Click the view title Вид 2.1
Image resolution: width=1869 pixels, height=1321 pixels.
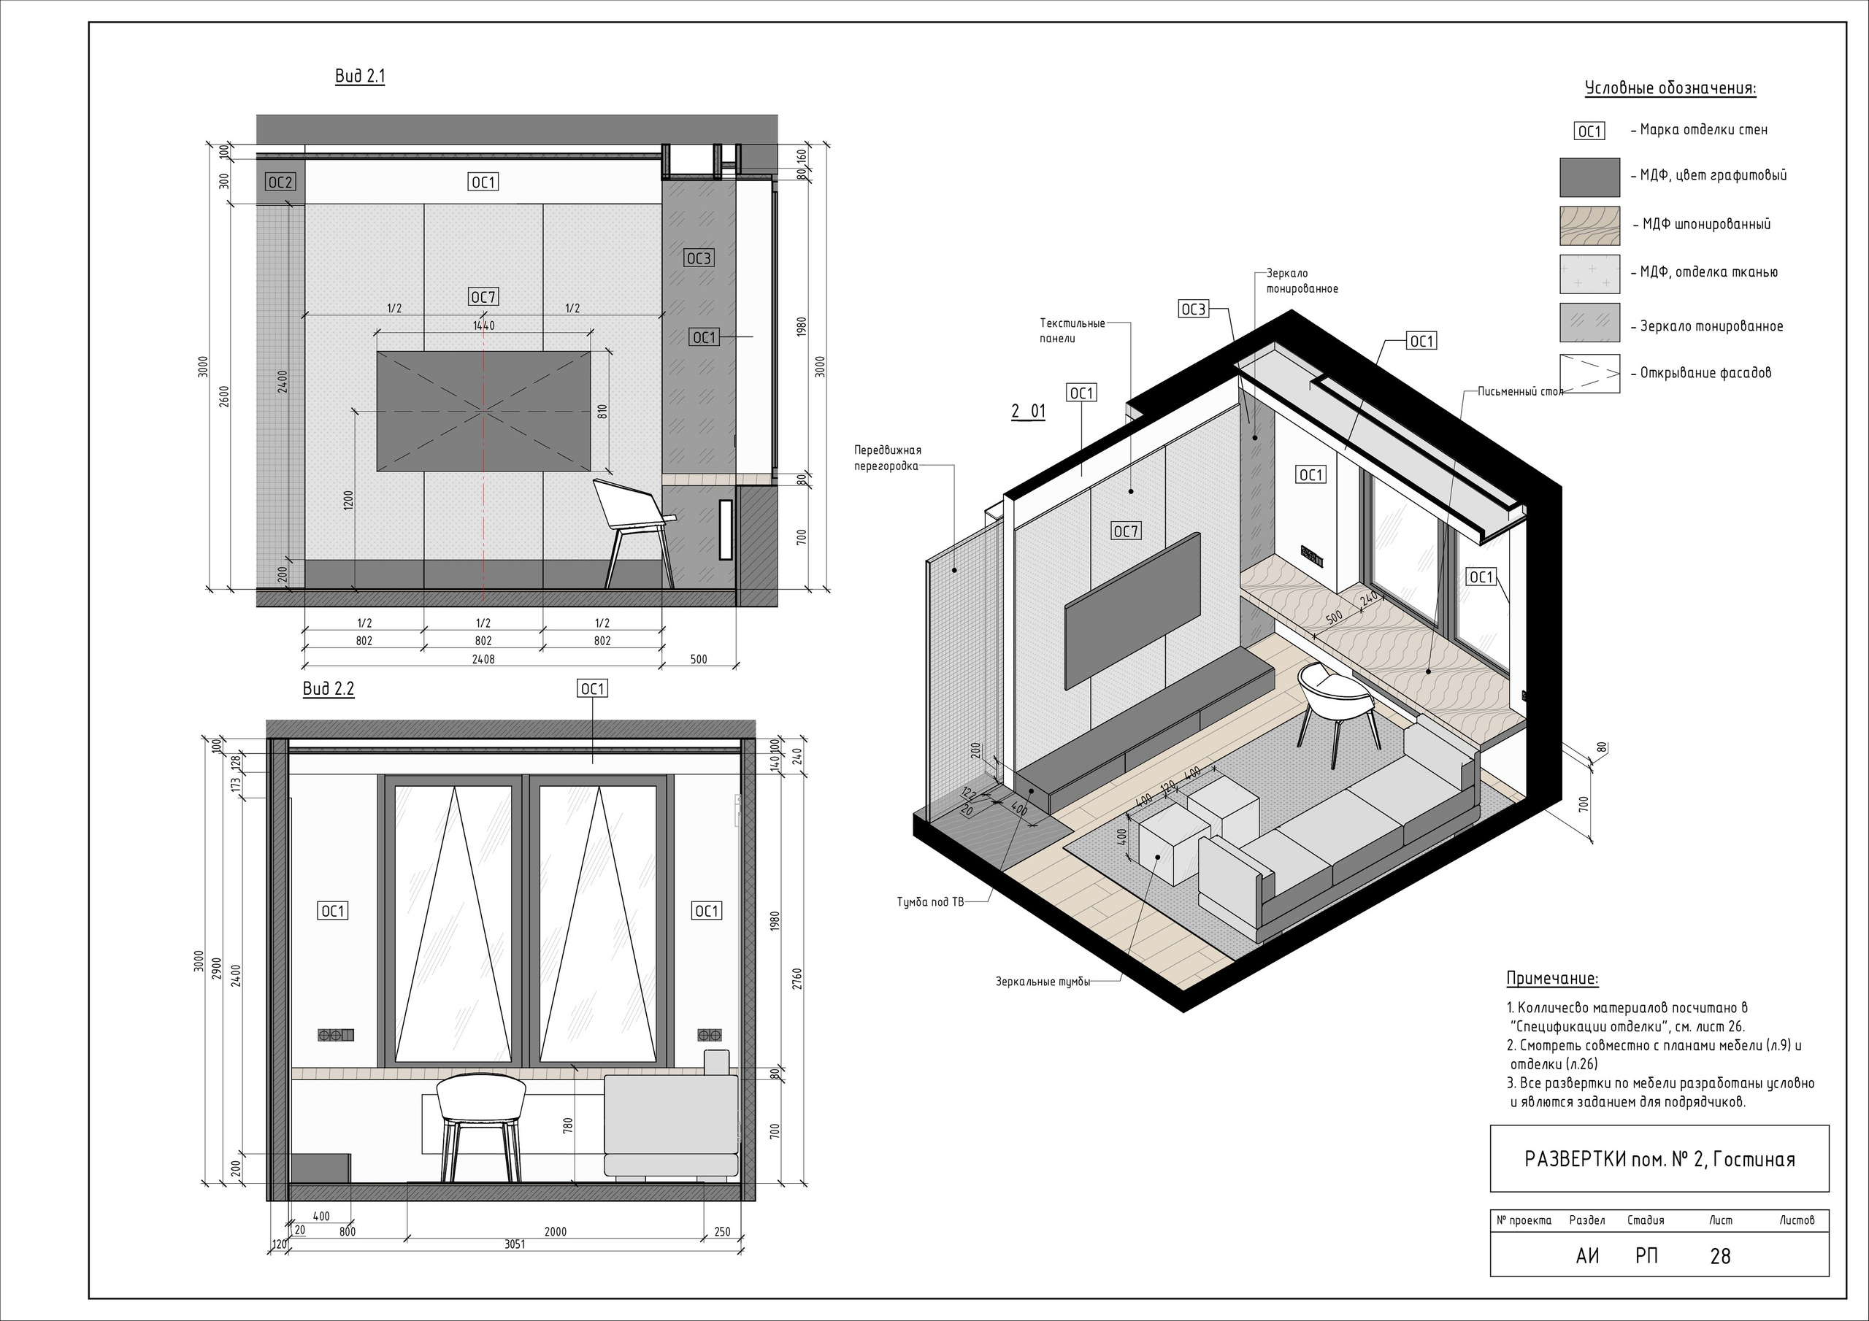[360, 77]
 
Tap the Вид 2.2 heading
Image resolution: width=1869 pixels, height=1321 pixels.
[329, 688]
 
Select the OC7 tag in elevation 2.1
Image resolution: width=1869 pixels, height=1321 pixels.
[483, 297]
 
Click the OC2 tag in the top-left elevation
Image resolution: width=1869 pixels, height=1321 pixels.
[280, 183]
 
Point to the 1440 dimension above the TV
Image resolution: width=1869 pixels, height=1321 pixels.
[483, 326]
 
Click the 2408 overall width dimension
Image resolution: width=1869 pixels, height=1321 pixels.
[483, 659]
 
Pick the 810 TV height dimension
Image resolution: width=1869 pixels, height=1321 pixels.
[602, 411]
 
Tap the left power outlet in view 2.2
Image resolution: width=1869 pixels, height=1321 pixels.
[336, 1036]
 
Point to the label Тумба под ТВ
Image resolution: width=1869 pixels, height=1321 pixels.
[929, 902]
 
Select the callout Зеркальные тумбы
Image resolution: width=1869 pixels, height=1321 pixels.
[1043, 982]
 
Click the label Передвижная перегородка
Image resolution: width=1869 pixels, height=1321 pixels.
[887, 458]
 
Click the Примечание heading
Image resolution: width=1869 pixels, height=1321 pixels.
[1552, 978]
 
